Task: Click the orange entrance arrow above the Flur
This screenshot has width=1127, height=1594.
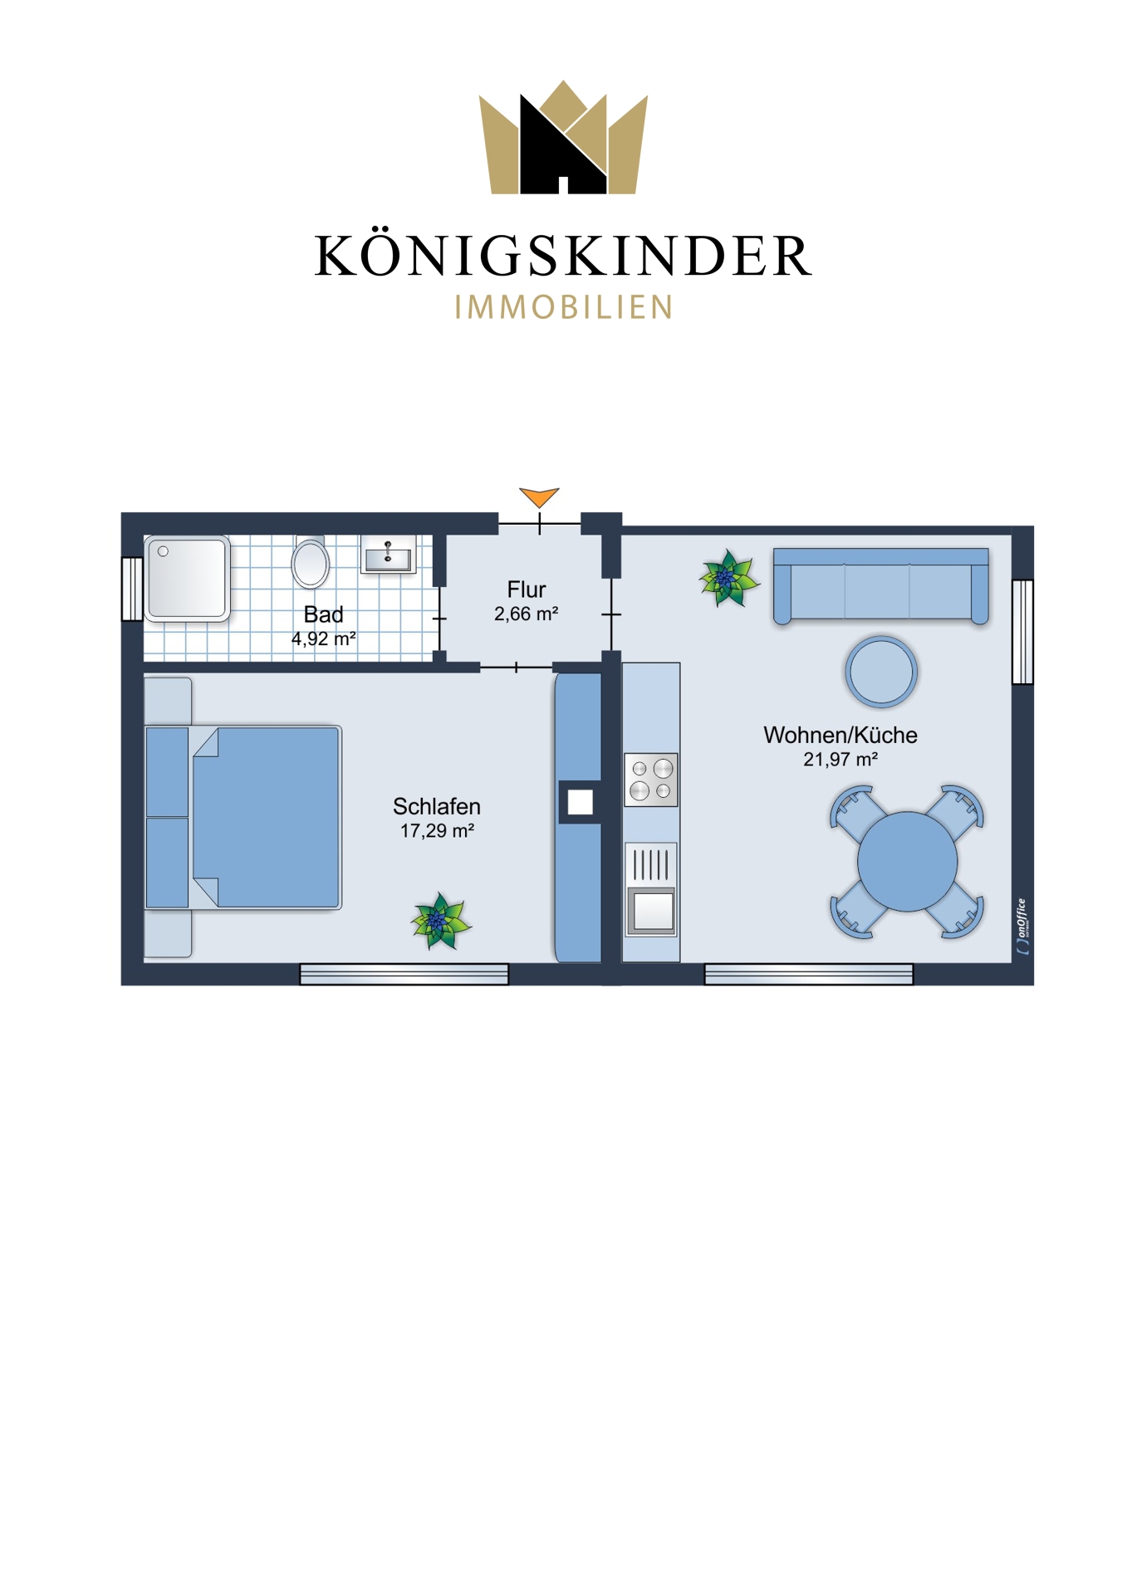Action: [x=539, y=496]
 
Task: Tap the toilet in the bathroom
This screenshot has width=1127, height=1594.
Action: [x=311, y=561]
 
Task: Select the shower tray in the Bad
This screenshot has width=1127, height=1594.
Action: [x=187, y=579]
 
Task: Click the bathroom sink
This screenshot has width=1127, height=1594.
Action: [x=388, y=555]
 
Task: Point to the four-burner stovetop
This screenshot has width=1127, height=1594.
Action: [x=651, y=780]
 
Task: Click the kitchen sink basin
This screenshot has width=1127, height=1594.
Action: [x=652, y=909]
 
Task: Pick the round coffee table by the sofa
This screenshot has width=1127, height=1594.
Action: [x=881, y=672]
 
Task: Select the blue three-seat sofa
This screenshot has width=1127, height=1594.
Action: [x=881, y=585]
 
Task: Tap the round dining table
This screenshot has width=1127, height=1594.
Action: [x=907, y=862]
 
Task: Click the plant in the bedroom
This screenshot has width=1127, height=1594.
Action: [x=440, y=921]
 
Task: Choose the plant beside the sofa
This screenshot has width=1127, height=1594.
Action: [x=728, y=579]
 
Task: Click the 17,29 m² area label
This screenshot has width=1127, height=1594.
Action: [x=437, y=831]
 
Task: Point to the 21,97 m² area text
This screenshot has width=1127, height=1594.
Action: [x=840, y=760]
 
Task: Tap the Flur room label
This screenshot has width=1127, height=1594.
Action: [x=527, y=589]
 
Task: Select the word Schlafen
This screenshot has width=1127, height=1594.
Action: [x=437, y=806]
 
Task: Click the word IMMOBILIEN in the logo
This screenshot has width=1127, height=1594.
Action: [x=564, y=307]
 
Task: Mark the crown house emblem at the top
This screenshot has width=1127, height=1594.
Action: [x=563, y=138]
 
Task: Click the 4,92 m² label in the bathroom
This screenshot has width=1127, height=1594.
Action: [x=324, y=639]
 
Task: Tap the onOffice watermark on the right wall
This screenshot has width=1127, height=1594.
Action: [x=1022, y=926]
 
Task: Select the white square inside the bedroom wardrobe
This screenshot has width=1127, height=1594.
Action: [x=581, y=802]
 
